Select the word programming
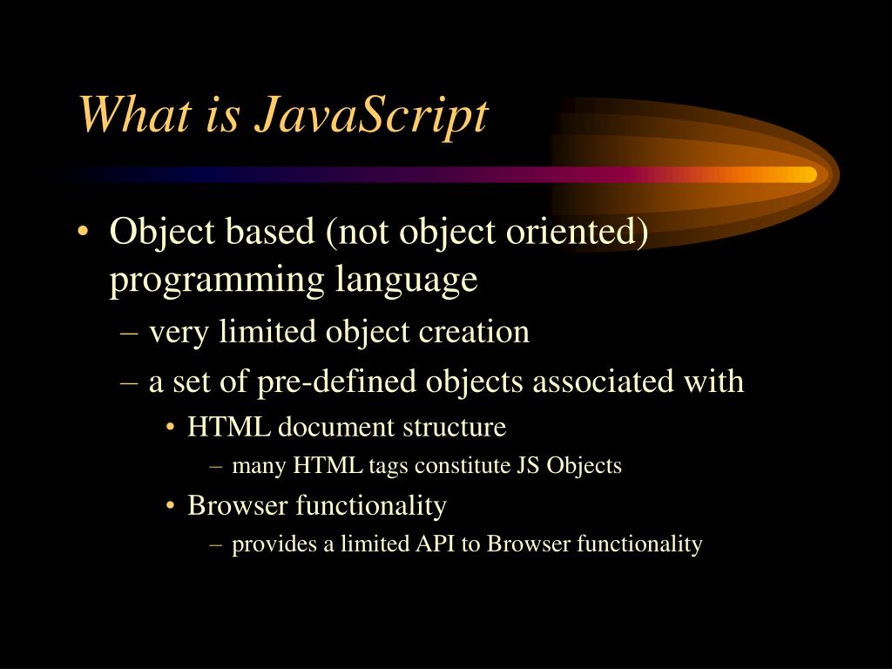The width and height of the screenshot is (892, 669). click(215, 281)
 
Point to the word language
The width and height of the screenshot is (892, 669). click(406, 281)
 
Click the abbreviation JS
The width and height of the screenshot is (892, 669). click(528, 466)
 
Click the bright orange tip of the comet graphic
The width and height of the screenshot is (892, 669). click(806, 174)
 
